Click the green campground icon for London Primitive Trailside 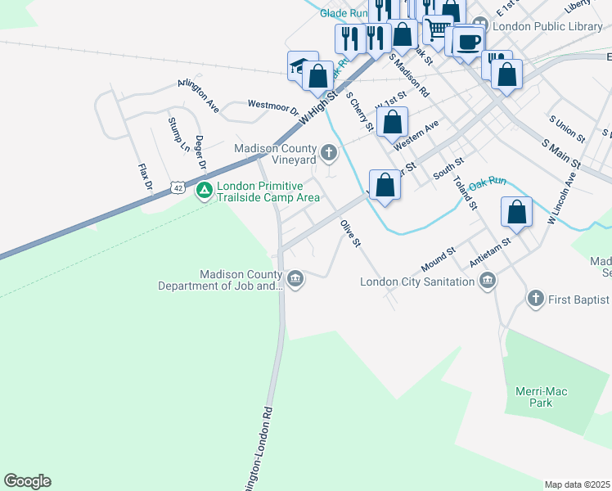(x=205, y=191)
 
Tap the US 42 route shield (x=178, y=187)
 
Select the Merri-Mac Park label (x=540, y=397)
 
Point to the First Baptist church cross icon (x=536, y=299)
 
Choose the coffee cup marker (x=469, y=43)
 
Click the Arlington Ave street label (x=200, y=95)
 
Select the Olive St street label (x=351, y=232)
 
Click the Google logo (x=27, y=481)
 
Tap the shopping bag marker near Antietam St (x=517, y=212)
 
